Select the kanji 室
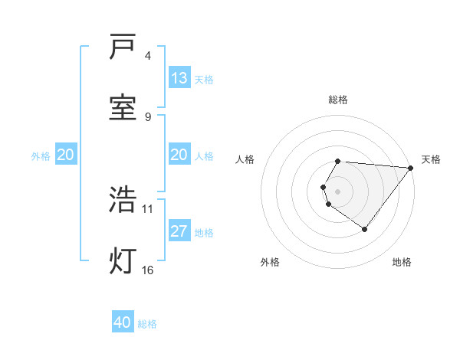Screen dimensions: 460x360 pyautogui.click(x=123, y=107)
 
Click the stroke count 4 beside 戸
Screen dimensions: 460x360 pyautogui.click(x=148, y=56)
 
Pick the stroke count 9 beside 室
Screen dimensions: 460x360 pyautogui.click(x=148, y=116)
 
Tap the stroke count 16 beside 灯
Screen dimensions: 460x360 pyautogui.click(x=148, y=269)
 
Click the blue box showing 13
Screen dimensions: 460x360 pyautogui.click(x=179, y=78)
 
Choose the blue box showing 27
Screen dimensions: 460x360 pyautogui.click(x=179, y=231)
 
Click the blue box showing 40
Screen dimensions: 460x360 pyautogui.click(x=123, y=322)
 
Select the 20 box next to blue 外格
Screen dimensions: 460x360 pyautogui.click(x=65, y=155)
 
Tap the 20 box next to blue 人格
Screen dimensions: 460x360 pyautogui.click(x=179, y=155)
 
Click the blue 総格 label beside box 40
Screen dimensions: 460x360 pyautogui.click(x=147, y=324)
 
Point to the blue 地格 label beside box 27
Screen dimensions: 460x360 pyautogui.click(x=204, y=233)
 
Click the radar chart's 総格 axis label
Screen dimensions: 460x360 pyautogui.click(x=338, y=100)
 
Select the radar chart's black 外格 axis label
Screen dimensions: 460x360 pyautogui.click(x=270, y=262)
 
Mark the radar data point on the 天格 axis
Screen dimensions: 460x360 pyautogui.click(x=411, y=169)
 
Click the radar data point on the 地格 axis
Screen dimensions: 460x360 pyautogui.click(x=364, y=229)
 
